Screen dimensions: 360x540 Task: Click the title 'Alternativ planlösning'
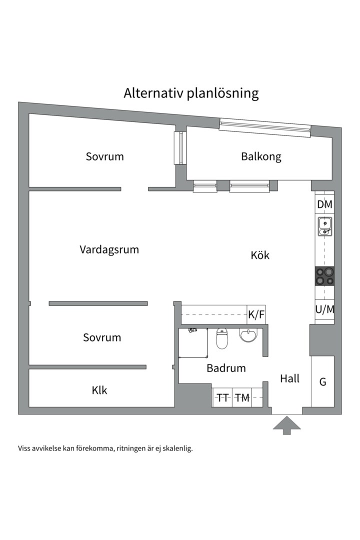pyautogui.click(x=191, y=93)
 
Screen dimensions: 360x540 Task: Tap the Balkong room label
pyautogui.click(x=261, y=156)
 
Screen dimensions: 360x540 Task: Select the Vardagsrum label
pyautogui.click(x=109, y=249)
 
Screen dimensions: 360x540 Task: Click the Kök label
pyautogui.click(x=260, y=255)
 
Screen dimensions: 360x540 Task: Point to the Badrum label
pyautogui.click(x=226, y=368)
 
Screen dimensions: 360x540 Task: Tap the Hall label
pyautogui.click(x=289, y=378)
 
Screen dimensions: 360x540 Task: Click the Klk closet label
pyautogui.click(x=99, y=390)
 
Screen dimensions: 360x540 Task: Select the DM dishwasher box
pyautogui.click(x=324, y=204)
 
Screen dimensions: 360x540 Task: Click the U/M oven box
pyautogui.click(x=324, y=309)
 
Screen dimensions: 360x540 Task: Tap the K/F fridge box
pyautogui.click(x=256, y=314)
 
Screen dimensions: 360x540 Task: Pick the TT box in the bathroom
pyautogui.click(x=222, y=398)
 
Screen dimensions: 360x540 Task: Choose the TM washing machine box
pyautogui.click(x=242, y=398)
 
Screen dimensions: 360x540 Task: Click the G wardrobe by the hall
pyautogui.click(x=323, y=381)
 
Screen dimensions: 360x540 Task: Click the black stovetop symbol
pyautogui.click(x=324, y=276)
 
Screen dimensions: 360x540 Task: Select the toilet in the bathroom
pyautogui.click(x=222, y=338)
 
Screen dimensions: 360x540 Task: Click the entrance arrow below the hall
pyautogui.click(x=286, y=425)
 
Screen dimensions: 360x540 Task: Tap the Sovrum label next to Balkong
pyautogui.click(x=104, y=156)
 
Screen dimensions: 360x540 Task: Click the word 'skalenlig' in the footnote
pyautogui.click(x=178, y=448)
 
